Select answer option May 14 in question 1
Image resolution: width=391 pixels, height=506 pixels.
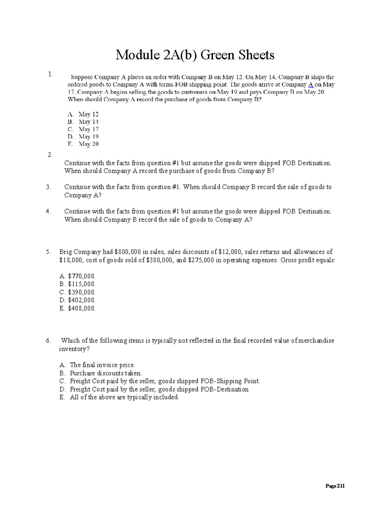coord(88,122)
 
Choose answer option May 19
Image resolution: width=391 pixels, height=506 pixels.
coord(88,137)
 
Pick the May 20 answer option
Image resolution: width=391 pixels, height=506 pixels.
coord(88,144)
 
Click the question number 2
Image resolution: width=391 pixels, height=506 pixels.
coord(50,155)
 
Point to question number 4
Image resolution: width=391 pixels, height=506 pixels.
coord(48,211)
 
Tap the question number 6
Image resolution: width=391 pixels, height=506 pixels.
coord(48,341)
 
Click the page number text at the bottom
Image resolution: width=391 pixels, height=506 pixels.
coord(335,486)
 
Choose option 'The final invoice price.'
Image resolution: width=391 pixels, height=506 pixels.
coord(102,365)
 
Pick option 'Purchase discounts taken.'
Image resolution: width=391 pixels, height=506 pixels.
coord(106,373)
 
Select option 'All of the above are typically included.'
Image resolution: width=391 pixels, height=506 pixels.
coord(124,397)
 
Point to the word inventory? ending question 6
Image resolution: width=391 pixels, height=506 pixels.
coord(74,349)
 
